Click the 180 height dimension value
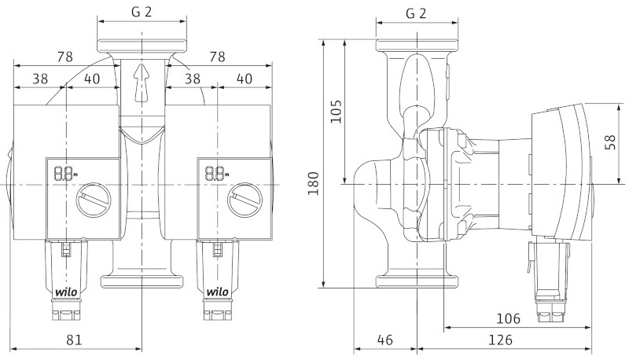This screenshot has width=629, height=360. [314, 183]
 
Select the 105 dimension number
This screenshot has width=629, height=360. [337, 112]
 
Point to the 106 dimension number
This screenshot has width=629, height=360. [508, 318]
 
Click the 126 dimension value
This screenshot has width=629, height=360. [500, 340]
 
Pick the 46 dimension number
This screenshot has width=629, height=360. [385, 340]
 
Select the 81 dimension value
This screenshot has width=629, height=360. [74, 340]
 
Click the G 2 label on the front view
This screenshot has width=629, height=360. [142, 12]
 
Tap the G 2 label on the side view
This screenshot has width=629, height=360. [416, 13]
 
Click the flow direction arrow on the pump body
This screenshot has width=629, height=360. [142, 83]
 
